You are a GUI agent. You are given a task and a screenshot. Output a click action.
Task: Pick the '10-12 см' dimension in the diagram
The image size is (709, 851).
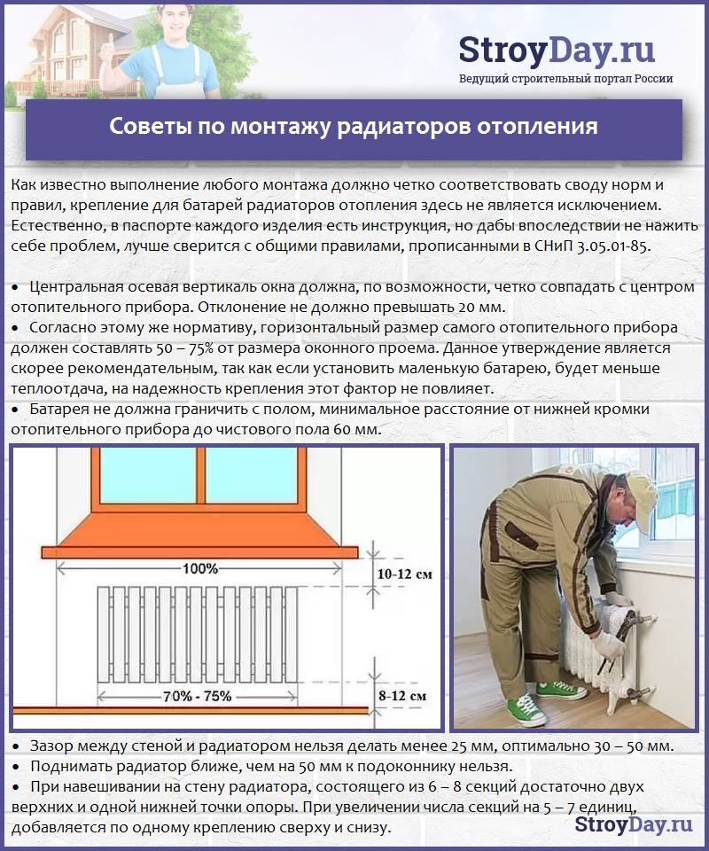click(x=404, y=574)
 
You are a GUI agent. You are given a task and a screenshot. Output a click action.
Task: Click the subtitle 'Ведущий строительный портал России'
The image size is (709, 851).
click(x=565, y=79)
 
